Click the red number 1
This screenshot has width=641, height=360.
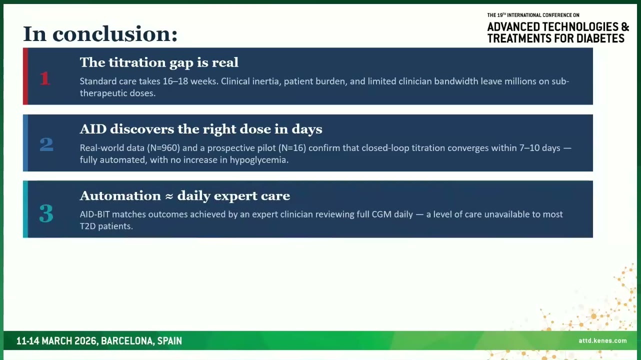pyautogui.click(x=45, y=78)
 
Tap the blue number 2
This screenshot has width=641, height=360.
pyautogui.click(x=46, y=144)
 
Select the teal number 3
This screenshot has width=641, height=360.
pyautogui.click(x=46, y=213)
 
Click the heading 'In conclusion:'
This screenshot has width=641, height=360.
pyautogui.click(x=100, y=34)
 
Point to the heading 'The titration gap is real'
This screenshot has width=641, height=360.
pyautogui.click(x=159, y=62)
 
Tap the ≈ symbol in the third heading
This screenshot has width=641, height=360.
pyautogui.click(x=169, y=196)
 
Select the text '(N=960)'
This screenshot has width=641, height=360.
pyautogui.click(x=163, y=148)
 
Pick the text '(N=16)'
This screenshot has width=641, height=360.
pyautogui.click(x=292, y=148)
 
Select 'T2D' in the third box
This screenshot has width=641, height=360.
pyautogui.click(x=87, y=226)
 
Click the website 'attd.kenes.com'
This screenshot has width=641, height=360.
pyautogui.click(x=602, y=340)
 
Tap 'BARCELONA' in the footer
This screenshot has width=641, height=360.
pyautogui.click(x=127, y=341)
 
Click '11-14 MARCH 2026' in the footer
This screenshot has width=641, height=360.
pyautogui.click(x=56, y=341)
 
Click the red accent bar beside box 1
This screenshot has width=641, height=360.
pyautogui.click(x=25, y=76)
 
